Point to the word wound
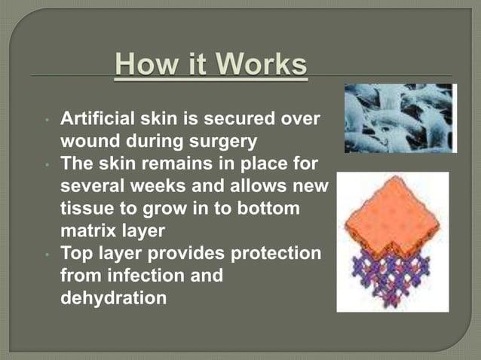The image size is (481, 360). point(89,142)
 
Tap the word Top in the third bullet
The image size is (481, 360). point(75,254)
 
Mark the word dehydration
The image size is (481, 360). point(113,298)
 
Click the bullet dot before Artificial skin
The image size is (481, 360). point(47,120)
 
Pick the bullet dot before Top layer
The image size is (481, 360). point(47,255)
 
